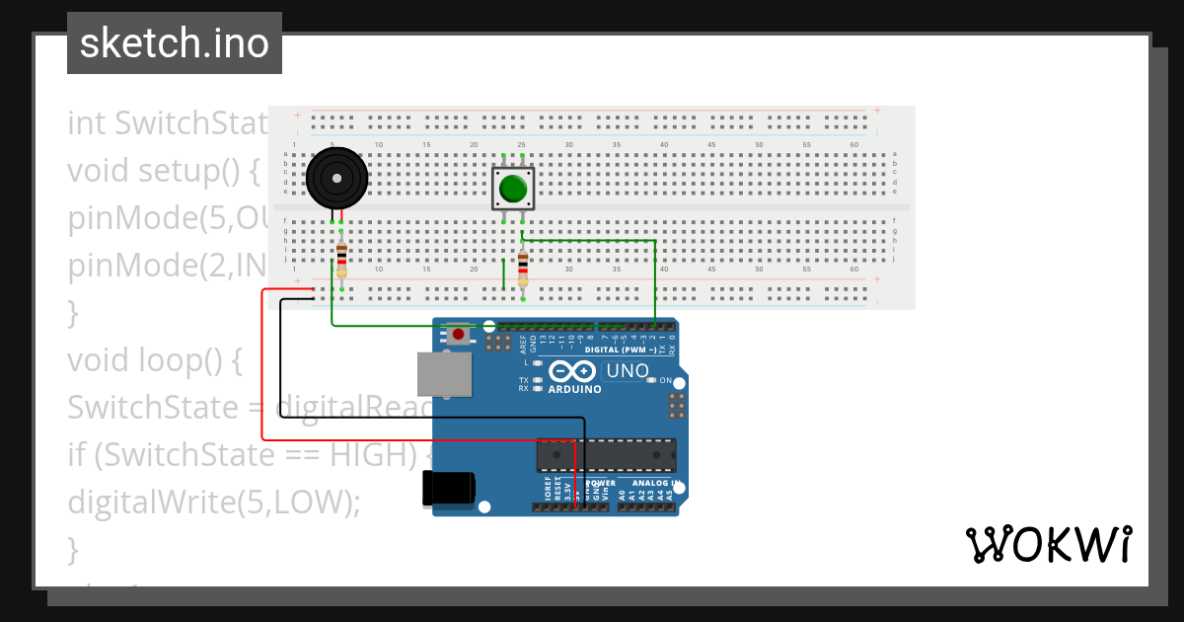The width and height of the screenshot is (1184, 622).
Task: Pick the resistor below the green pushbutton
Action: pos(523,267)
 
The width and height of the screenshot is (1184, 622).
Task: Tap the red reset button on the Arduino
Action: pos(458,335)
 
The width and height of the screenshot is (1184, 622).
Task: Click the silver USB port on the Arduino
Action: pos(443,375)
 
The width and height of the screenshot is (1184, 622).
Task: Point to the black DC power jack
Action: pos(449,489)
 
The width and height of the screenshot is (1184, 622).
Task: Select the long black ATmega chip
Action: pos(606,455)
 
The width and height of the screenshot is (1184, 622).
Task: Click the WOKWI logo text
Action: pos(1048,544)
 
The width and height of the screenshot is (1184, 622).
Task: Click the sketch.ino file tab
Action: pos(175,43)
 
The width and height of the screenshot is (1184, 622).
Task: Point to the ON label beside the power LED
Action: pos(665,381)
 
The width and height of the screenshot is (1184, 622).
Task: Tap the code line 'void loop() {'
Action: pos(154,360)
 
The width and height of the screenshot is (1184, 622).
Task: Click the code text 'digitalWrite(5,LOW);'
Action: pos(214,503)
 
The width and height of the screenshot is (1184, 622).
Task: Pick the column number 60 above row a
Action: pos(853,145)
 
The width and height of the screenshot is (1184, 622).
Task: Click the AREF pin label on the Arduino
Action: pos(522,344)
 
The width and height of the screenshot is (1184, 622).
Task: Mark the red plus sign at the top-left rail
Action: pos(297,116)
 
